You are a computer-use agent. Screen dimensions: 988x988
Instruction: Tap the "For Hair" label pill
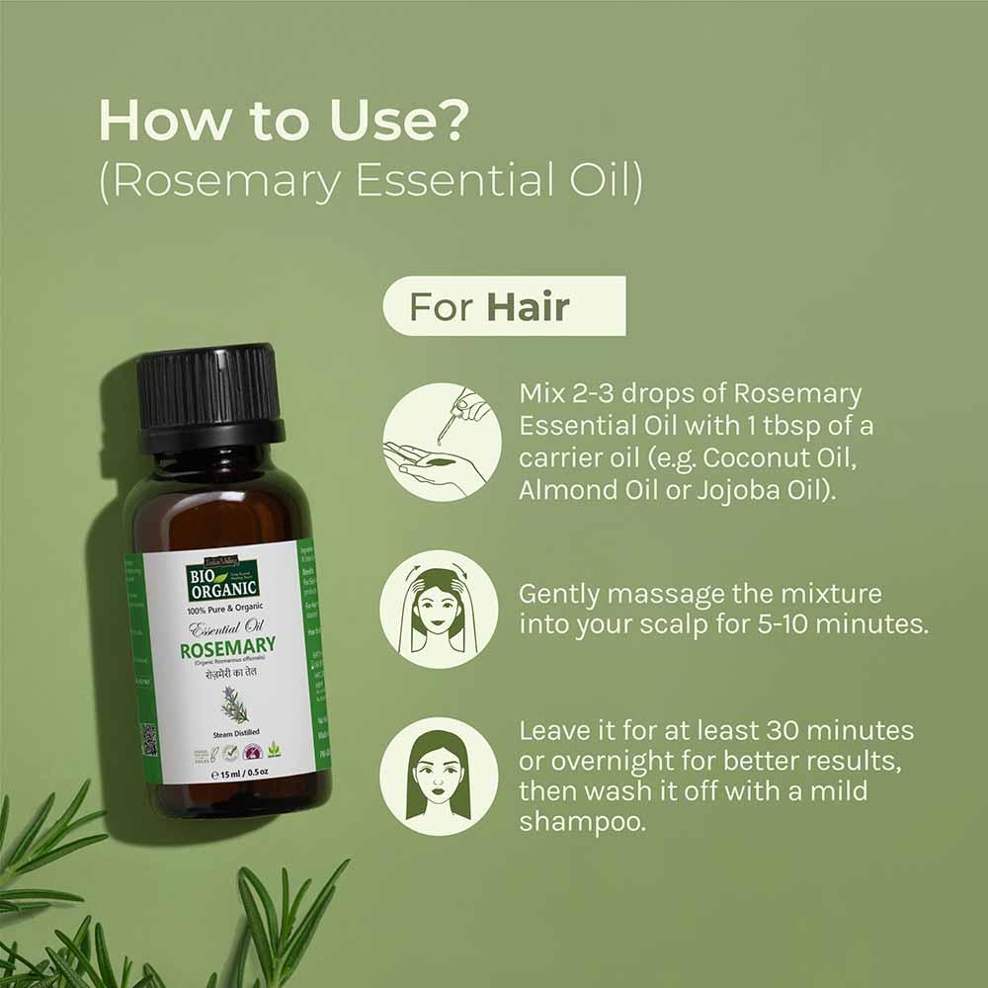pos(504,306)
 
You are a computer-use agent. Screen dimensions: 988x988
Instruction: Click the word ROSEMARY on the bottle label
pos(227,649)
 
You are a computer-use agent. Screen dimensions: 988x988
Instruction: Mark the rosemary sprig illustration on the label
pos(234,704)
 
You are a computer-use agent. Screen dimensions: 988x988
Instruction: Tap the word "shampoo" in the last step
pos(582,822)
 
